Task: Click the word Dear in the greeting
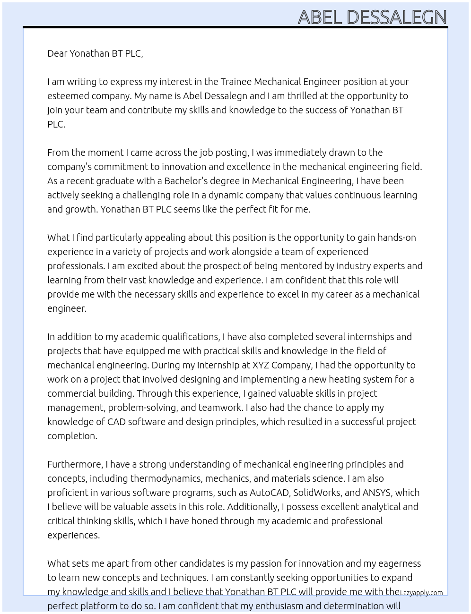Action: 57,53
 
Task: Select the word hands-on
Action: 395,238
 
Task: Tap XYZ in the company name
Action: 261,365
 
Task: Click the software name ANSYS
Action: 376,493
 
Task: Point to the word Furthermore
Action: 75,464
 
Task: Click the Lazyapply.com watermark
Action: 421,593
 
